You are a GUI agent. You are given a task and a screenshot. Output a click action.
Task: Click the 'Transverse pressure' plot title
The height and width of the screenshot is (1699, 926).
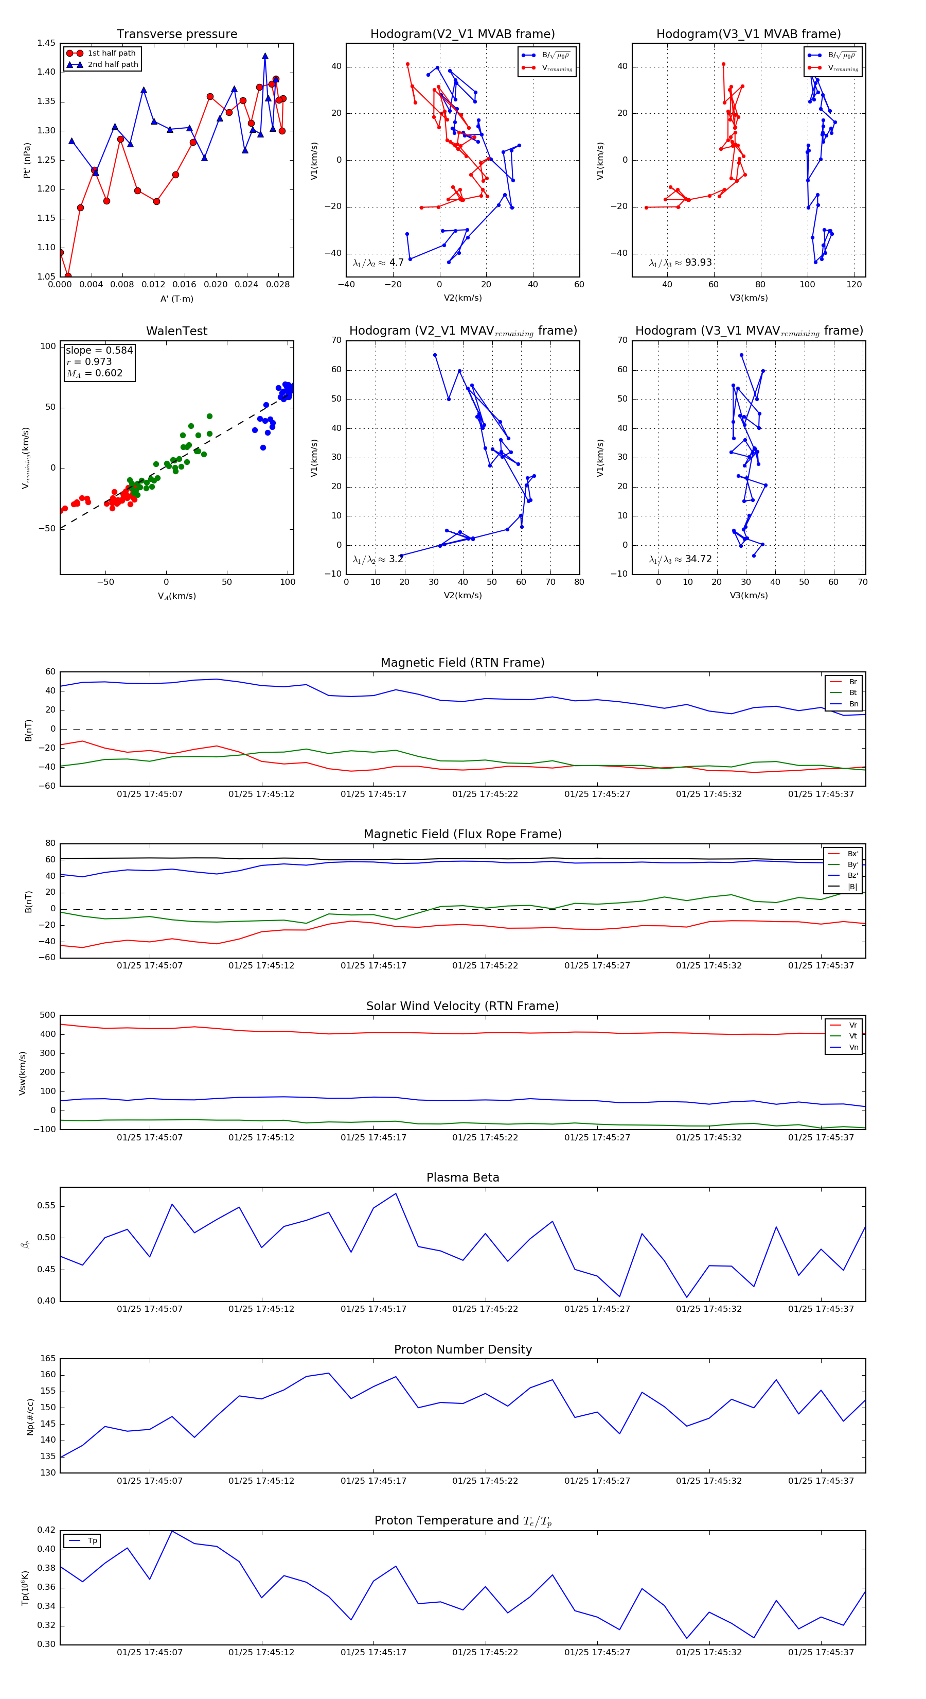pyautogui.click(x=176, y=34)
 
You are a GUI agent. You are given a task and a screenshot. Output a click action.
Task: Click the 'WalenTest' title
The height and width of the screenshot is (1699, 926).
pyautogui.click(x=176, y=331)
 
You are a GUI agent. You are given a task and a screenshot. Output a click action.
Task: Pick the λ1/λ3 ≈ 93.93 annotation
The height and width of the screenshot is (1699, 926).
pyautogui.click(x=680, y=263)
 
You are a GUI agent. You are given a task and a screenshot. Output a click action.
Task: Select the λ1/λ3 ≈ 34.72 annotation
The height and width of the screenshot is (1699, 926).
pyautogui.click(x=680, y=559)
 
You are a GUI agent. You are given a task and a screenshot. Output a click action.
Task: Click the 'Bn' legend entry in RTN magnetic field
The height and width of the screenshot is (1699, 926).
pyautogui.click(x=853, y=704)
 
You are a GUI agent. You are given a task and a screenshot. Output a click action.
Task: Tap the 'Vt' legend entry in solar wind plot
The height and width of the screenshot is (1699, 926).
pyautogui.click(x=853, y=1036)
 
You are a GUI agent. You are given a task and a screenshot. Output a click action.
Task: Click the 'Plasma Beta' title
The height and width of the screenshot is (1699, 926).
pyautogui.click(x=462, y=1178)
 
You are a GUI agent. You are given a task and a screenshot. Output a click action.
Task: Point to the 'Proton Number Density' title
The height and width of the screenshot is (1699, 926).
pyautogui.click(x=462, y=1349)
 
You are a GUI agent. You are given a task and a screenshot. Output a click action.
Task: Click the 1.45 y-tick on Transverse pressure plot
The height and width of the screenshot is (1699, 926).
pyautogui.click(x=46, y=44)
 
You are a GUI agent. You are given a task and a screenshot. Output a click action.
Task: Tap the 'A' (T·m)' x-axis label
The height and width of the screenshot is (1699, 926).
pyautogui.click(x=176, y=299)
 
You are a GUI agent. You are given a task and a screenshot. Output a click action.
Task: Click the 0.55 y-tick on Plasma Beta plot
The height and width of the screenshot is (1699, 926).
pyautogui.click(x=46, y=1206)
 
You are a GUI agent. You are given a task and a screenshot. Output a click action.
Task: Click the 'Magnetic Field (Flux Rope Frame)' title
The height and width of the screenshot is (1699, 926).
pyautogui.click(x=462, y=835)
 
